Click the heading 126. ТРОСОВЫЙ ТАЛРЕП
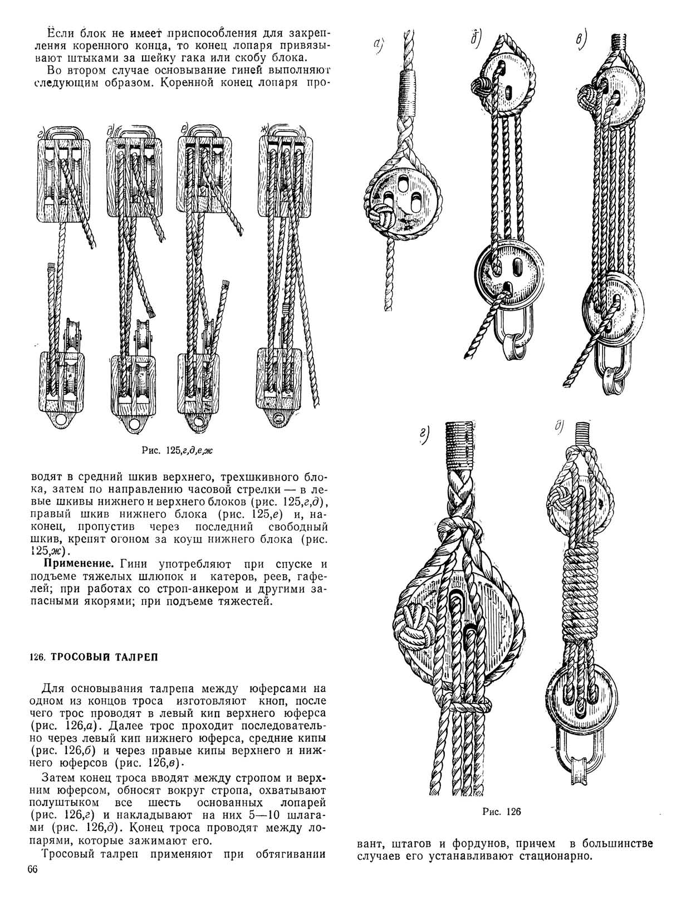click(93, 657)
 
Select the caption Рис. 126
click(501, 811)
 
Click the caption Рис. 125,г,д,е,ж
click(177, 450)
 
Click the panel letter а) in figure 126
click(380, 43)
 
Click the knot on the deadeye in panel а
click(384, 214)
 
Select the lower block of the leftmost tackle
click(62, 381)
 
